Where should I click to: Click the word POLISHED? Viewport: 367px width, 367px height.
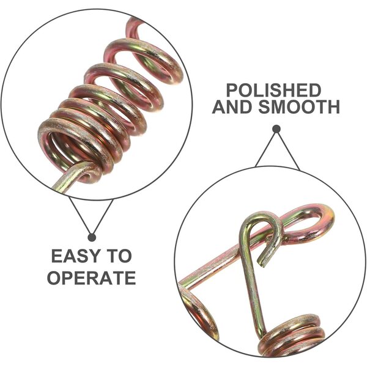click(x=274, y=91)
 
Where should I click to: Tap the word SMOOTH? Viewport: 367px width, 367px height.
click(x=299, y=106)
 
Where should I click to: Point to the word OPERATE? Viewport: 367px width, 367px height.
click(x=92, y=278)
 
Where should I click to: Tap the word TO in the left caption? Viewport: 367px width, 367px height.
click(x=119, y=256)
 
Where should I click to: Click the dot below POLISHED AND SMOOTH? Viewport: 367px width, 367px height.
click(x=276, y=129)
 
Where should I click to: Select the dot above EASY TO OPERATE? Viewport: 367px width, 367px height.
click(x=92, y=237)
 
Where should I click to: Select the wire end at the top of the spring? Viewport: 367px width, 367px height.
click(x=132, y=26)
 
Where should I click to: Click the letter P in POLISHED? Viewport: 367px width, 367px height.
click(x=232, y=91)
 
